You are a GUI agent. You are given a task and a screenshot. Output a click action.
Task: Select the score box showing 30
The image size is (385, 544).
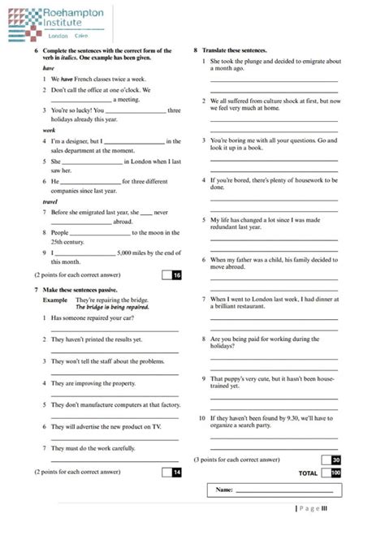click(x=332, y=460)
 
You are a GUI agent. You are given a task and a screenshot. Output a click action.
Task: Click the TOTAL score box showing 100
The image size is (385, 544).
click(x=332, y=473)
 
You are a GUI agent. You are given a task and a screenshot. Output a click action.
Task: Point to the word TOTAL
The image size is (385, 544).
click(x=308, y=473)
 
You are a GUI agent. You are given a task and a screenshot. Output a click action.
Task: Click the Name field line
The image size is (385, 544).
click(x=284, y=490)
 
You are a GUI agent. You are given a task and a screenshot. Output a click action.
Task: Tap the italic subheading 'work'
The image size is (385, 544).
click(x=49, y=130)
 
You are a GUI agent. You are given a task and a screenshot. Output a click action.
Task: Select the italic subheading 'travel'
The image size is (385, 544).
click(x=50, y=201)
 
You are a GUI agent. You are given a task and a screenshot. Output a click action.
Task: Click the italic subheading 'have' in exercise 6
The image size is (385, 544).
click(x=49, y=69)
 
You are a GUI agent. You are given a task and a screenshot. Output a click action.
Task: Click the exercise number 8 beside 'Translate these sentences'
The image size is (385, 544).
click(x=196, y=50)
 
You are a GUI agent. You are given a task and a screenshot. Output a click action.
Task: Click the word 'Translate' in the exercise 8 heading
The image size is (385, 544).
click(x=215, y=50)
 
